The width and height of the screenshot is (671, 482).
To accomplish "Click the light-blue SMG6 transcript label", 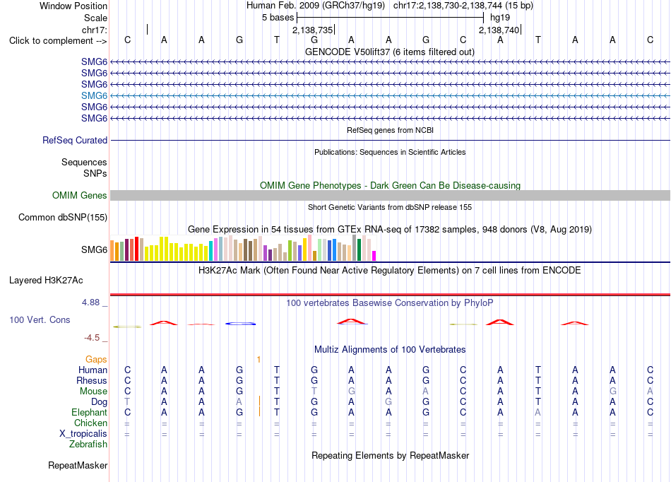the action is [x=94, y=95].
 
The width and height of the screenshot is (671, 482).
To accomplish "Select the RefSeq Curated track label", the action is [x=75, y=140].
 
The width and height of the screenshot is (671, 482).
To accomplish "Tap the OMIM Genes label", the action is [x=80, y=195].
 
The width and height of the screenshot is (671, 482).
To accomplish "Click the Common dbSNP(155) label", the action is [x=63, y=217].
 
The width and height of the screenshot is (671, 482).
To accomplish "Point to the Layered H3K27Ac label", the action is [x=46, y=281].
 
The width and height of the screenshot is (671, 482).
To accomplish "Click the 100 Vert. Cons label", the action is [x=40, y=319].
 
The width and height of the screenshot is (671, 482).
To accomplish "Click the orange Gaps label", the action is [x=96, y=359].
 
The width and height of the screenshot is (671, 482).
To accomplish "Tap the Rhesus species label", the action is [x=92, y=380].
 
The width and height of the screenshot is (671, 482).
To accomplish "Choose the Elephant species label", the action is [x=90, y=412].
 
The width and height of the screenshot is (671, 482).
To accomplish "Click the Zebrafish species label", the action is [x=88, y=444].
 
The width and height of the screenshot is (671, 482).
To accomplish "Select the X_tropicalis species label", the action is [x=83, y=434].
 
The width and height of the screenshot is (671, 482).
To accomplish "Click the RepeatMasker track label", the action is [x=78, y=465].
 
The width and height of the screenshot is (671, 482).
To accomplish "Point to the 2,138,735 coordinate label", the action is [x=312, y=30].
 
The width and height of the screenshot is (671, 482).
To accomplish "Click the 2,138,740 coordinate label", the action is [x=499, y=30].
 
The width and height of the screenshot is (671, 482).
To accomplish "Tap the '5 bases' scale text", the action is [x=278, y=18].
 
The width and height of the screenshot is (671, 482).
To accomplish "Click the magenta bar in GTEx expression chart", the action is [x=374, y=256].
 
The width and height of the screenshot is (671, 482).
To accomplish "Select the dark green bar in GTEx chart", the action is [x=359, y=249].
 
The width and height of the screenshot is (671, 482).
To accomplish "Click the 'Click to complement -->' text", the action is [x=58, y=41].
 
